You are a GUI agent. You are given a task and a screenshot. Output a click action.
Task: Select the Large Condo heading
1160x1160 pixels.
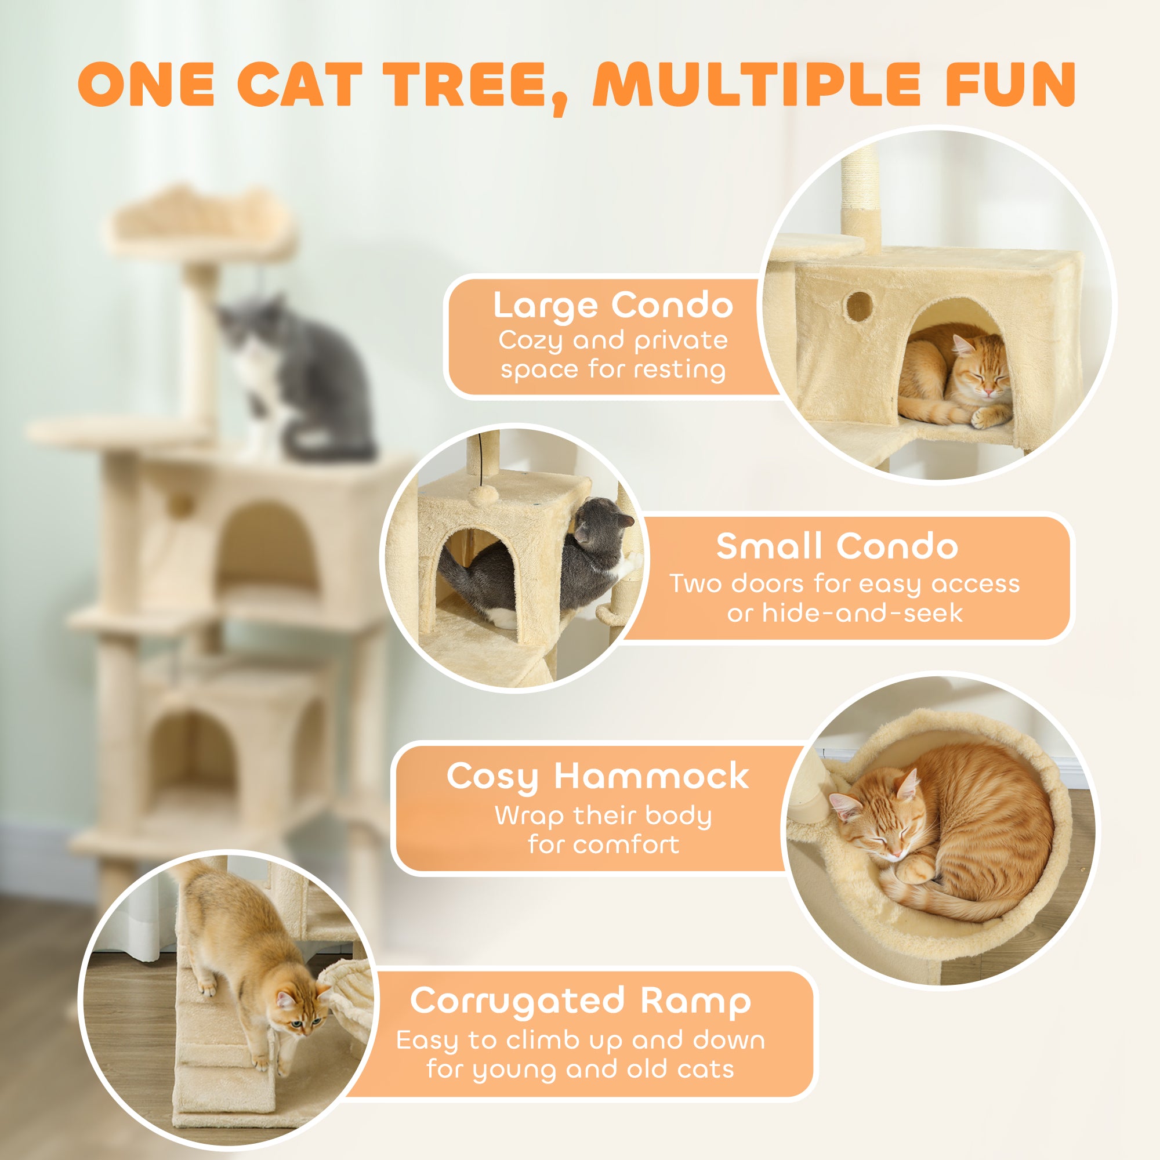612,305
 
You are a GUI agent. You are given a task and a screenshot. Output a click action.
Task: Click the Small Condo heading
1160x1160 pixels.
836,546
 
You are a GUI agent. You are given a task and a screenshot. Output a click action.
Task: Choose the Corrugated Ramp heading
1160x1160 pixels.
580,1001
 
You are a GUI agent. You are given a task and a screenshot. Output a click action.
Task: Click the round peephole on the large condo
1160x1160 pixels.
859,306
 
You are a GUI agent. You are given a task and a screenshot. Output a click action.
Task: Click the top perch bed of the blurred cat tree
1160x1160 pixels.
201,222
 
